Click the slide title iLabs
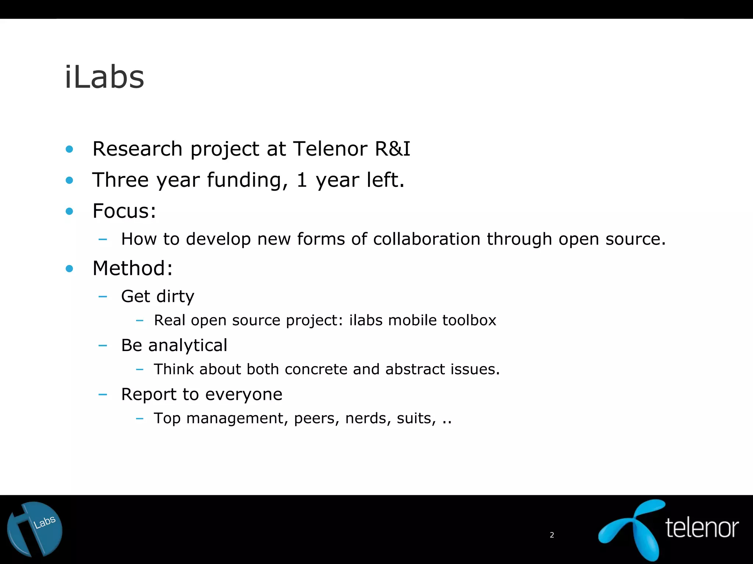[104, 77]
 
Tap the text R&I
[392, 149]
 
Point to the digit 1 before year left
[301, 180]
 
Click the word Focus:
[124, 211]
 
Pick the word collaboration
[427, 239]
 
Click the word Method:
[132, 268]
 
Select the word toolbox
[469, 320]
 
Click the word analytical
[188, 346]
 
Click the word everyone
[243, 394]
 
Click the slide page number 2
[552, 535]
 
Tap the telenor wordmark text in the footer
[702, 528]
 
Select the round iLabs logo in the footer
[35, 529]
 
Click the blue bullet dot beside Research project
[69, 149]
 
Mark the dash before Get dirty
[103, 297]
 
